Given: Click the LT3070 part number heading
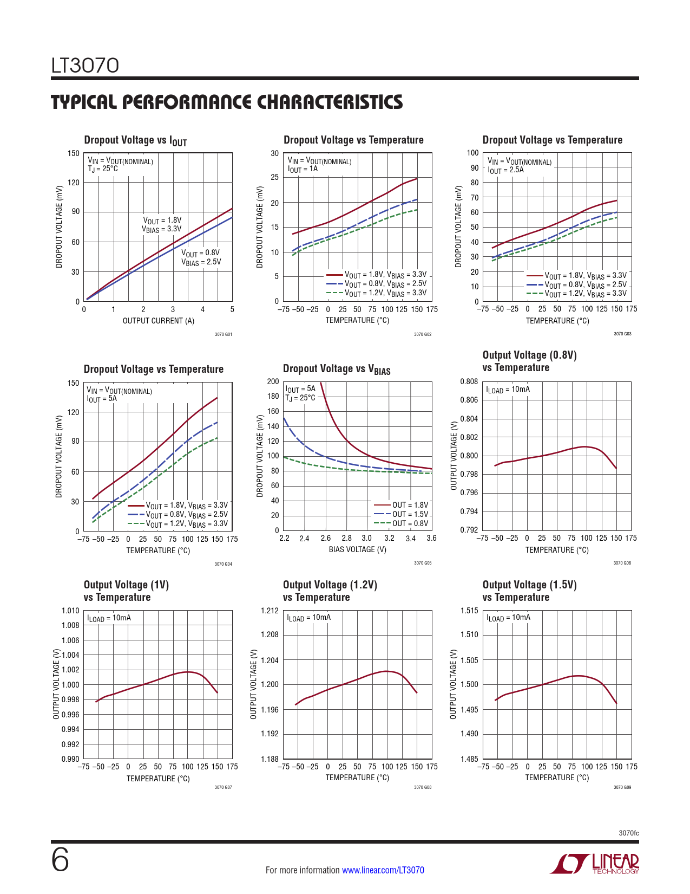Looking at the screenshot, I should coord(85,66).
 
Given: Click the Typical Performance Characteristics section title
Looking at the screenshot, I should coord(227,102).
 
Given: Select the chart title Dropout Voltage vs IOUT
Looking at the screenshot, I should coord(135,140).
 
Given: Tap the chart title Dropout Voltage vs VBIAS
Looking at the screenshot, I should coord(336,370).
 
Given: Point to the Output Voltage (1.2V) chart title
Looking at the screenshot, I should coord(330,585).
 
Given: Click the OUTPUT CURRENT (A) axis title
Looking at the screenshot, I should coord(158,321).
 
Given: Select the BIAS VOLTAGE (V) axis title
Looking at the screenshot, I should coord(357,549).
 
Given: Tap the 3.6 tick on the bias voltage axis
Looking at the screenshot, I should coord(431,538).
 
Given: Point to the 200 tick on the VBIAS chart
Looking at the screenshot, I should coord(273,381).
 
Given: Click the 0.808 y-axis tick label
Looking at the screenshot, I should coord(469,381).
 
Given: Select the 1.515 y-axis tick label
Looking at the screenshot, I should coord(469,611).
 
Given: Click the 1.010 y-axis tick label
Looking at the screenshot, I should coord(70,611).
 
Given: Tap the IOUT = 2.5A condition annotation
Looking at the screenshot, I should coord(505,170).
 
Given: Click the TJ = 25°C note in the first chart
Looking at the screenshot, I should coord(103,169).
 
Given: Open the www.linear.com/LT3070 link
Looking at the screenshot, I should coord(383,870).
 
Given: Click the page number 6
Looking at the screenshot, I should coord(60,860).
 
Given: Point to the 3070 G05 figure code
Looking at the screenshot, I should coord(423,563).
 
